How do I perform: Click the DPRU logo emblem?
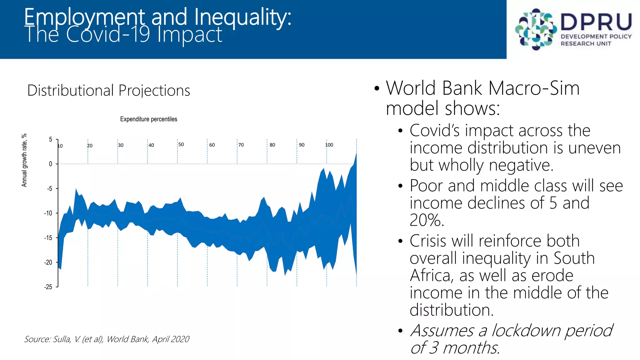(535, 29)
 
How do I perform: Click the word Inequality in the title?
(242, 17)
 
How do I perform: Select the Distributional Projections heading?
(108, 91)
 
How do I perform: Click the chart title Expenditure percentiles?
(148, 119)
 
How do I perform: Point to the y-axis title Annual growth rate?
(24, 160)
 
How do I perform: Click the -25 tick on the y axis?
(48, 287)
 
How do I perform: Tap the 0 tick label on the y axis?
(51, 164)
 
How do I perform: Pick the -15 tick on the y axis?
(48, 238)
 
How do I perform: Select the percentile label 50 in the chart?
(181, 144)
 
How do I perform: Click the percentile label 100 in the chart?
(329, 145)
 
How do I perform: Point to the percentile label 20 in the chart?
(90, 146)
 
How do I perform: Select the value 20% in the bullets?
(427, 220)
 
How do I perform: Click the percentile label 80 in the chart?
(272, 145)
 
